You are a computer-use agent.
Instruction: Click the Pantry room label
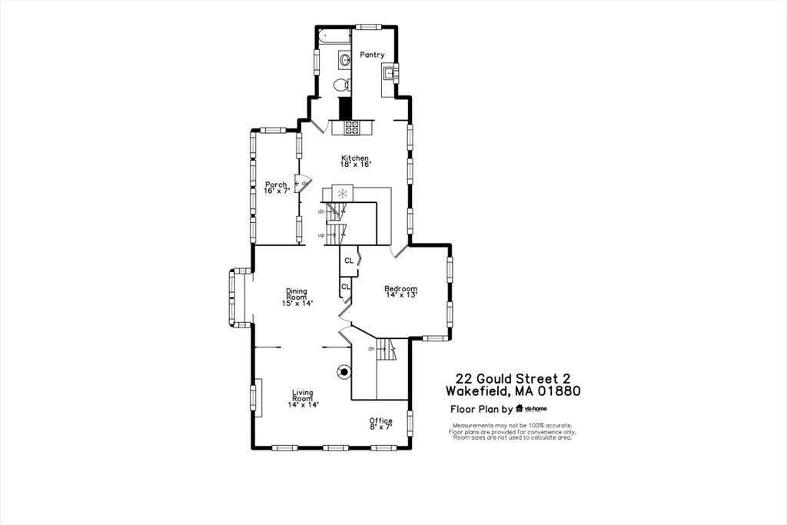(372, 55)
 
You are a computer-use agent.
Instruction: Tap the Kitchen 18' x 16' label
(356, 161)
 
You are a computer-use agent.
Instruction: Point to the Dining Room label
(297, 297)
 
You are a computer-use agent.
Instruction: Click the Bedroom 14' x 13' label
(400, 291)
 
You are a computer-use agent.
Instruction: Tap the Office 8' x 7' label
(381, 423)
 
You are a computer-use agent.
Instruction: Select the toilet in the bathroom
(343, 85)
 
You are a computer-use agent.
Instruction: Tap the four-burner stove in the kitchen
(352, 128)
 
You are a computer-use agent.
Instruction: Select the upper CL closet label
(349, 261)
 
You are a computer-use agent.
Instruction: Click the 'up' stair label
(321, 234)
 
